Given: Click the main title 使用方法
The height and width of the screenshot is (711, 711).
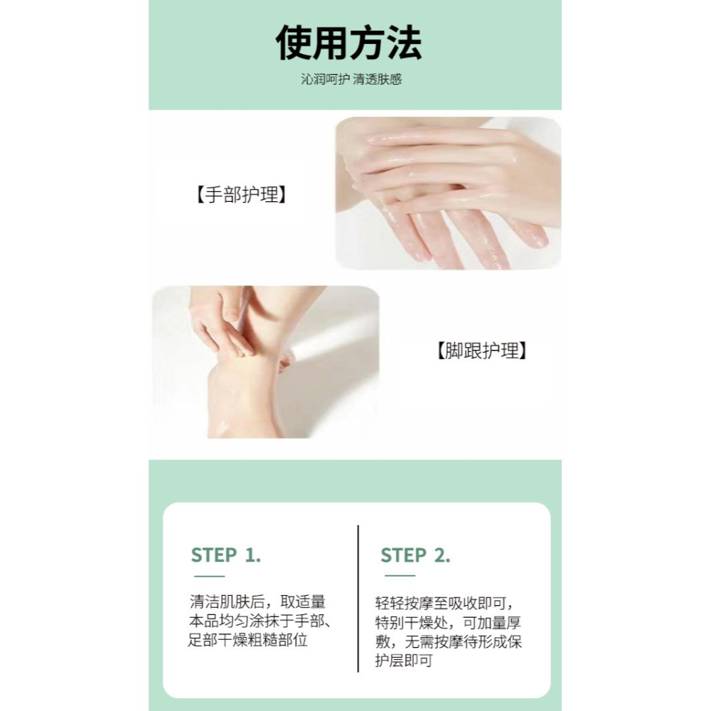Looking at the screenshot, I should click(x=348, y=44).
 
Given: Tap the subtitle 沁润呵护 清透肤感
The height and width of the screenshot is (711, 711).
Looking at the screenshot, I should click(x=351, y=80).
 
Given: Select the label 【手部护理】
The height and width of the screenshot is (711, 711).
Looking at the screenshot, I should click(x=241, y=195).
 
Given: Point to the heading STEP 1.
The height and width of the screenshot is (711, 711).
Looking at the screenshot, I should click(x=226, y=555).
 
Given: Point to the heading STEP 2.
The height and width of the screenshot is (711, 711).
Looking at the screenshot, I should click(x=415, y=555).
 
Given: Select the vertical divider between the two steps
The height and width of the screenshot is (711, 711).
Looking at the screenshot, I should click(x=358, y=599).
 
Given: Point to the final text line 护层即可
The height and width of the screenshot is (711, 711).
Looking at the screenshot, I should click(x=404, y=661).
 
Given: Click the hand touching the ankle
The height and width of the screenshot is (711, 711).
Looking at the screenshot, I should click(x=220, y=327).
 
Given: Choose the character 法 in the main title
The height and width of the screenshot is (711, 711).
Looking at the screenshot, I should click(x=403, y=44).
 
